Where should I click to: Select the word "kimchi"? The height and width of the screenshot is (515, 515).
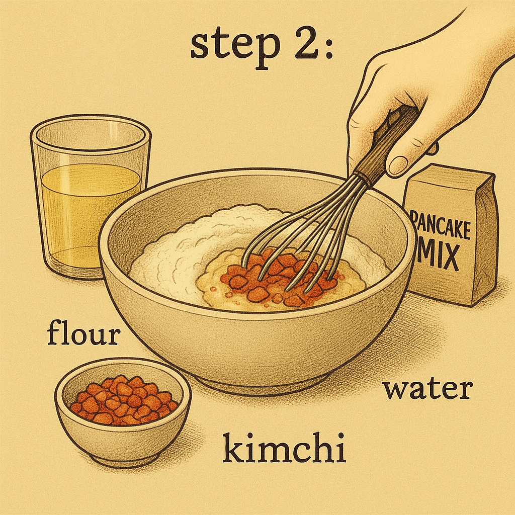pos(284,447)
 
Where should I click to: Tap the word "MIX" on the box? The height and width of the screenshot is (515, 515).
pos(438,254)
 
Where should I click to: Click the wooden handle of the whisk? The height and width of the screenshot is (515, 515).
pos(386,147)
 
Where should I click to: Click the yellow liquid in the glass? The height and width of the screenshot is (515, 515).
pos(88,213)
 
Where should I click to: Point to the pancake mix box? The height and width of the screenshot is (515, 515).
pos(450,235)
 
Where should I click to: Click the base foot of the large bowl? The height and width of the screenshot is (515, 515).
pos(260,385)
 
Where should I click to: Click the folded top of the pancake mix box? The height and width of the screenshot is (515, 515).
pos(451,176)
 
